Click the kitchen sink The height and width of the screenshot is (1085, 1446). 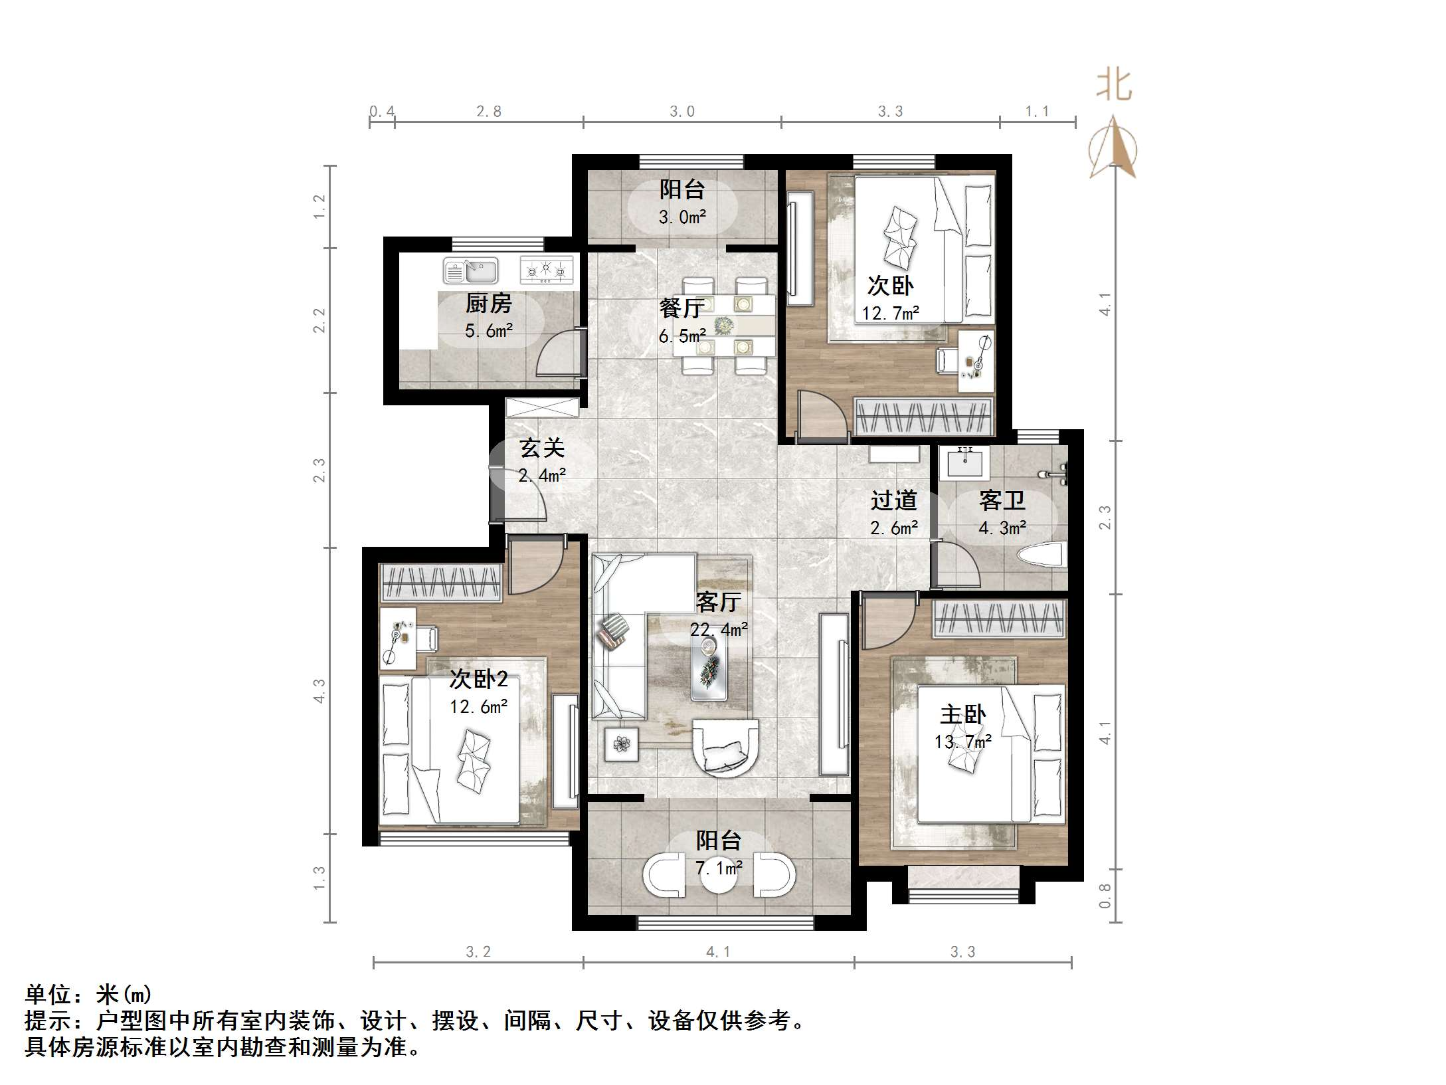[470, 271]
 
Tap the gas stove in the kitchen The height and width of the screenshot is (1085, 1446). [546, 270]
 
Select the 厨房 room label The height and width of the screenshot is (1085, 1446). [488, 304]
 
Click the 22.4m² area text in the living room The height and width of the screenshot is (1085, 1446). [719, 629]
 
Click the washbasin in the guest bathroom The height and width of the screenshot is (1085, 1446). [964, 462]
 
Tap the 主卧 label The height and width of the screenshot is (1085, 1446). [962, 715]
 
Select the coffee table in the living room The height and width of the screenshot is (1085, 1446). [709, 671]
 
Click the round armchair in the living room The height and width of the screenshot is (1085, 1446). [724, 747]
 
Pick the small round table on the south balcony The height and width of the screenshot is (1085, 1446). [719, 876]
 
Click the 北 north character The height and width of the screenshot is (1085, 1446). [1113, 86]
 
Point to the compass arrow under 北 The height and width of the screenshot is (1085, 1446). [1113, 148]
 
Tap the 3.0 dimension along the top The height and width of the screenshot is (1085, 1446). [681, 112]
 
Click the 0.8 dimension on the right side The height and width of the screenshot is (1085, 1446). [1105, 895]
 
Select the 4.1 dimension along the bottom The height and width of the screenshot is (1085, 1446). [717, 952]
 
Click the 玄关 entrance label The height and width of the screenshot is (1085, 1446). [542, 448]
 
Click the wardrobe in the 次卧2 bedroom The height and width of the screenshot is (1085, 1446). [440, 583]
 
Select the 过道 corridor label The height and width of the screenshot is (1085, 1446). [894, 500]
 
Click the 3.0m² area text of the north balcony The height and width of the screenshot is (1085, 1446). [682, 217]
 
